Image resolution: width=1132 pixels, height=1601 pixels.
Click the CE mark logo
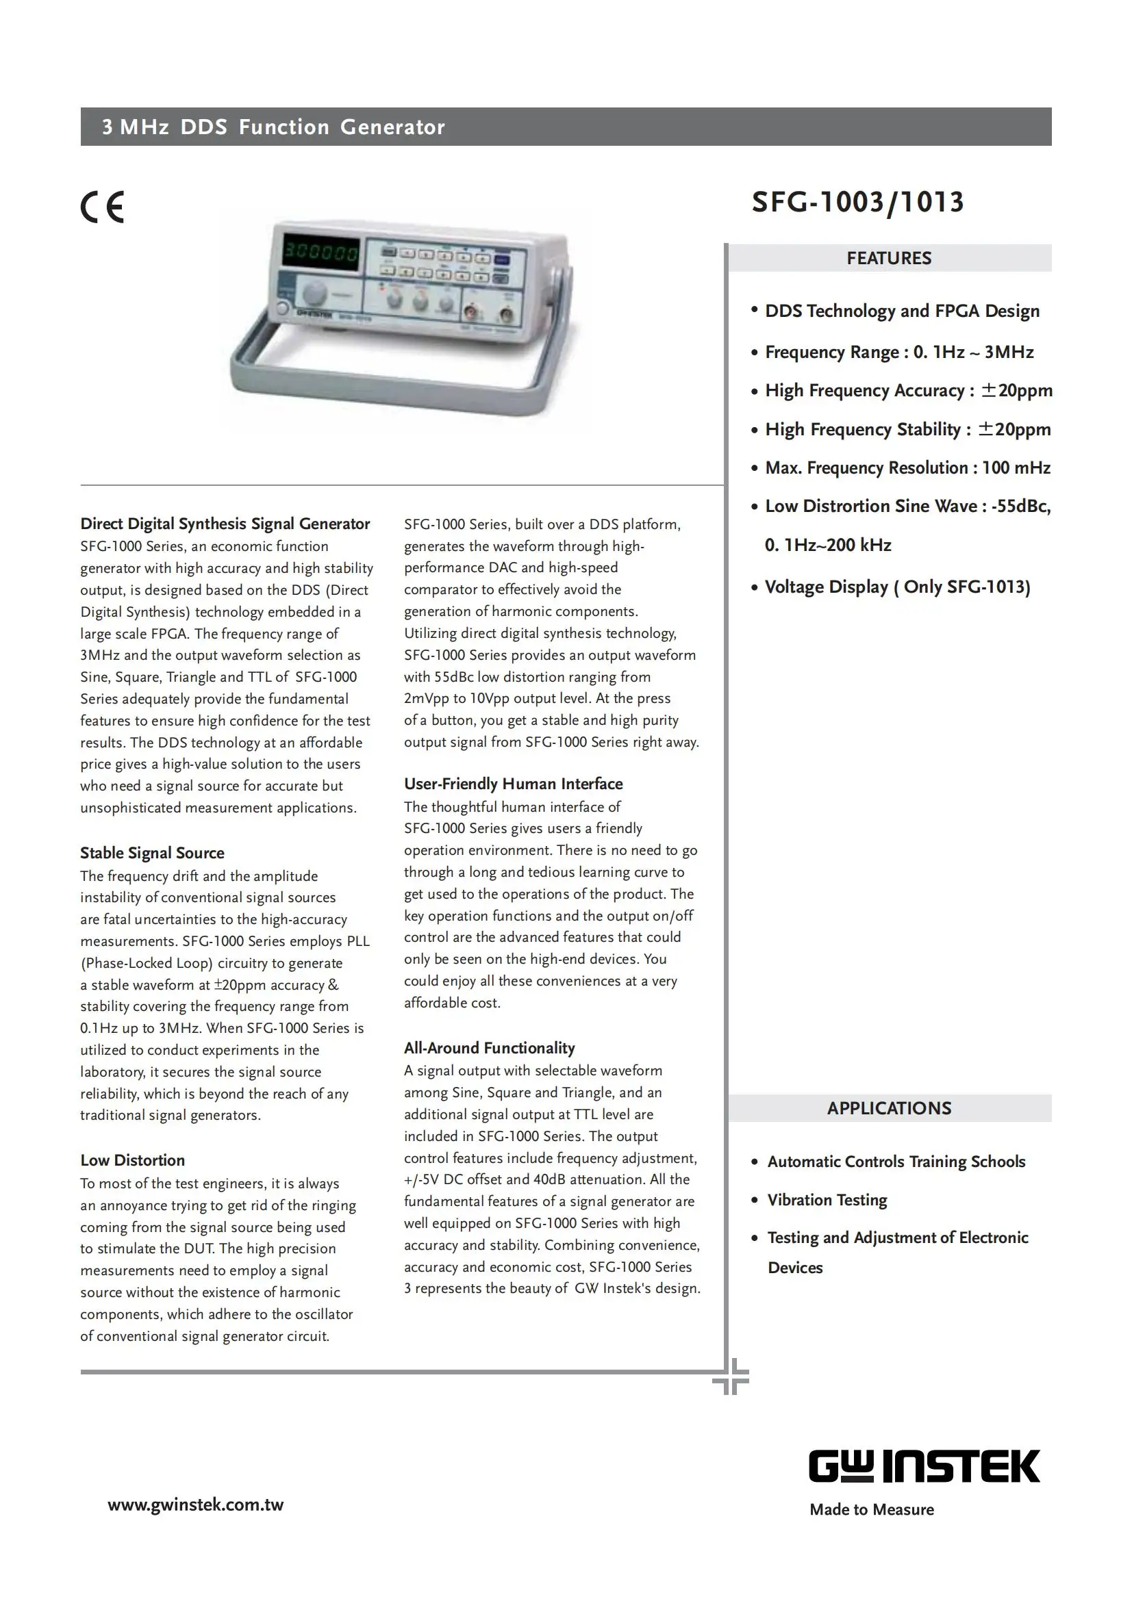click(103, 207)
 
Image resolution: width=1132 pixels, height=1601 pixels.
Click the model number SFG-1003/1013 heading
click(857, 202)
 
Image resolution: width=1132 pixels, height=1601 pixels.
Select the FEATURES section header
click(889, 258)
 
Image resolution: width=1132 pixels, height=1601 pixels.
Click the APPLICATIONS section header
click(889, 1108)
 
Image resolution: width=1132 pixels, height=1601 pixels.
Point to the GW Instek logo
click(923, 1466)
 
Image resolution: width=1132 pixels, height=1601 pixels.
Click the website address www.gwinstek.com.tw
click(195, 1504)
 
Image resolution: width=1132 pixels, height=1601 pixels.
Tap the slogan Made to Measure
click(871, 1510)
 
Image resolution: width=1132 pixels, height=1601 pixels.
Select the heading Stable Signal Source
click(152, 853)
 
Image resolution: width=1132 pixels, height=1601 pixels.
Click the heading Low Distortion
click(133, 1160)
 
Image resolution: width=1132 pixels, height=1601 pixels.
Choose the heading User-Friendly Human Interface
click(513, 784)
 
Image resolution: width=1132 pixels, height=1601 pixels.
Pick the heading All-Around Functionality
click(489, 1048)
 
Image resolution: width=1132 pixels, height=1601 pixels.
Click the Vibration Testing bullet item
click(827, 1200)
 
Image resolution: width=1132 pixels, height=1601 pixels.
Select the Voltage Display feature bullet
click(897, 587)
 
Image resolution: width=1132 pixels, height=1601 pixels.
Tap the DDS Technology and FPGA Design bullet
click(902, 311)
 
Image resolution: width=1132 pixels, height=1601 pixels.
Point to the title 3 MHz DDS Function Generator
click(273, 127)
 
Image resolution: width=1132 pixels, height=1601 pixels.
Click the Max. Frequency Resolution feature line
click(907, 468)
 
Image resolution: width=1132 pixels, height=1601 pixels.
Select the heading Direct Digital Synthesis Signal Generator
click(225, 524)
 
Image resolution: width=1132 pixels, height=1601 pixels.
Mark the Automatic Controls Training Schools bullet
click(896, 1162)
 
